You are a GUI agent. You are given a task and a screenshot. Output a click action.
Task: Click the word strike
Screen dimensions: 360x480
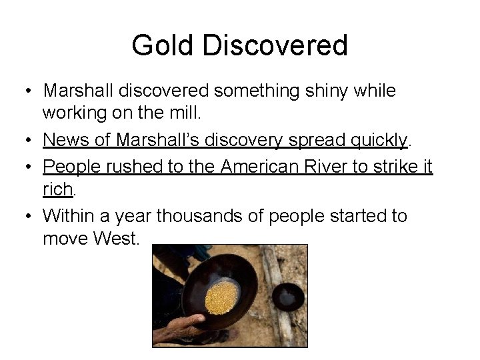(393, 166)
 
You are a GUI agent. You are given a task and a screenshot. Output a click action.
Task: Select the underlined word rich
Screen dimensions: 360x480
(57, 190)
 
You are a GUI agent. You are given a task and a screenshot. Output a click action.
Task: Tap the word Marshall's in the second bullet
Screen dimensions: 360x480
(157, 139)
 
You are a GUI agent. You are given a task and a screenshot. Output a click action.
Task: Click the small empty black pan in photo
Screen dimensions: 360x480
(289, 296)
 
